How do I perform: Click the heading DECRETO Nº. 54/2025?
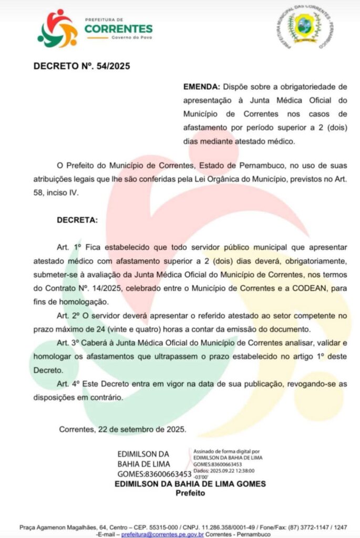[x=81, y=66]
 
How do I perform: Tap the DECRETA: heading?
[x=77, y=220]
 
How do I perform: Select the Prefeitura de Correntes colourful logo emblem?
[x=57, y=28]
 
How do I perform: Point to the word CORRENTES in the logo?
[x=118, y=28]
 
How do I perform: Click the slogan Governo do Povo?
[x=131, y=38]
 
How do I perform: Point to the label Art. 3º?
[x=70, y=343]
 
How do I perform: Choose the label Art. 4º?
[x=70, y=384]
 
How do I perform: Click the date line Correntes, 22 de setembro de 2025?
[x=122, y=429]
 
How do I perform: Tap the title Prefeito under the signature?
[x=190, y=493]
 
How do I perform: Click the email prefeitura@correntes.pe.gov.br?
[x=162, y=533]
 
